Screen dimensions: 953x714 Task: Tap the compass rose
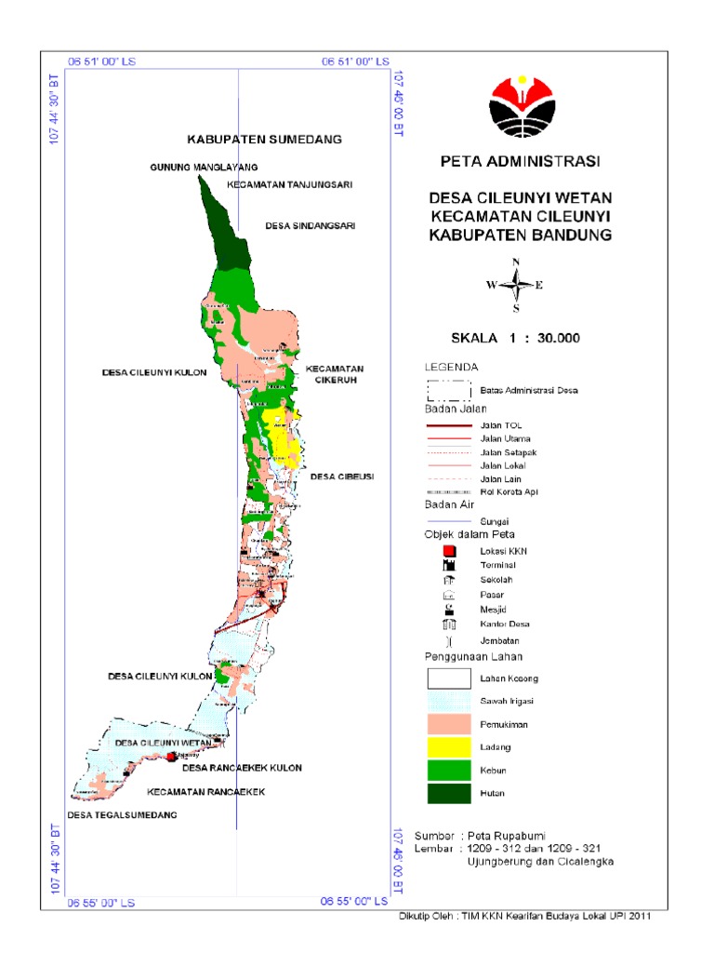tap(516, 285)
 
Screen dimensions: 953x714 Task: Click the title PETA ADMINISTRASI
tap(520, 161)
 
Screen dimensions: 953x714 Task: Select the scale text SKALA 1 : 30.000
tap(515, 337)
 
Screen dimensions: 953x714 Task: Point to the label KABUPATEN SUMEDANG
tap(265, 139)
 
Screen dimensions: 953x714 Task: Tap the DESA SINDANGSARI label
tap(311, 225)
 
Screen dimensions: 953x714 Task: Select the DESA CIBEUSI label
tap(341, 476)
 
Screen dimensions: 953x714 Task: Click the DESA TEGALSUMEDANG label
tap(122, 814)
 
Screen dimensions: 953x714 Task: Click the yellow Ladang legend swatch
tap(449, 746)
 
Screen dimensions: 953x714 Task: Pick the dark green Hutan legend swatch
tap(449, 793)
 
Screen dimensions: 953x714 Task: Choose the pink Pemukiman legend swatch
tap(449, 723)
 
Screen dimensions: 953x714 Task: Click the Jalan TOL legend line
tap(449, 425)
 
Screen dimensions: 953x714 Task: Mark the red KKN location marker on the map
tap(171, 758)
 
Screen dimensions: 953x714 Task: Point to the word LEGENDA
tap(451, 366)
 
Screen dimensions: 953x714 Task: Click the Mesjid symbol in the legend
tap(449, 609)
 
